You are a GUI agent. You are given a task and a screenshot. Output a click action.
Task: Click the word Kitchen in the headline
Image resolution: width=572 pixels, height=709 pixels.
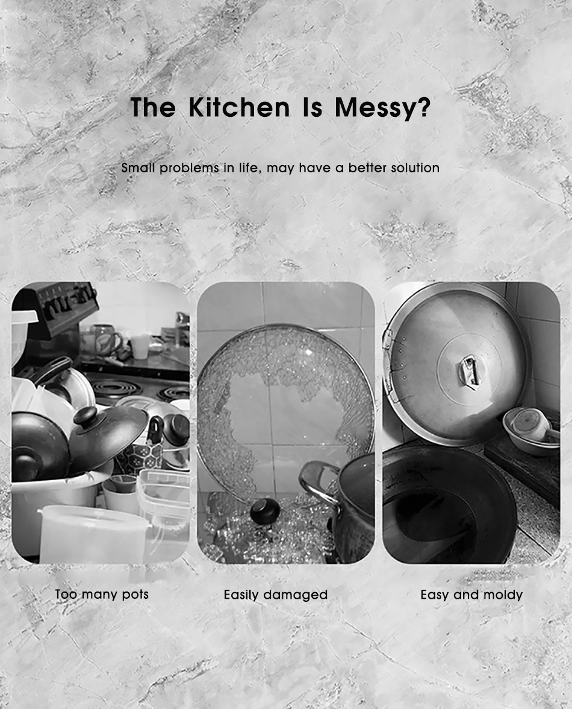click(x=239, y=107)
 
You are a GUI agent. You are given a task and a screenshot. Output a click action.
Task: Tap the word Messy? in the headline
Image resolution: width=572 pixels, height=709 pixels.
click(x=382, y=108)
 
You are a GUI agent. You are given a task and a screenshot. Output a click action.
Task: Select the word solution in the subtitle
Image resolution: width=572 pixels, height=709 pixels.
click(x=415, y=167)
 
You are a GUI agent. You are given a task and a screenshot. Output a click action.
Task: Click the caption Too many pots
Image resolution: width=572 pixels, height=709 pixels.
click(x=102, y=594)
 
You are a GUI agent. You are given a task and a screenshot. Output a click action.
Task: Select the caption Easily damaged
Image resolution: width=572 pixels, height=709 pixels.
click(x=276, y=595)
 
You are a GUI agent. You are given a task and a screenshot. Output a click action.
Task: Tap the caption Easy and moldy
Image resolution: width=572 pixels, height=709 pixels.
click(x=471, y=595)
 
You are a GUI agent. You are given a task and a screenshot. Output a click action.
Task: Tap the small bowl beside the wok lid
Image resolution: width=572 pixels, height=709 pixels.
click(x=530, y=430)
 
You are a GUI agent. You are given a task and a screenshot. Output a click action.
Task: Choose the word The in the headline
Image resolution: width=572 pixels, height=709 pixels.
click(x=153, y=107)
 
